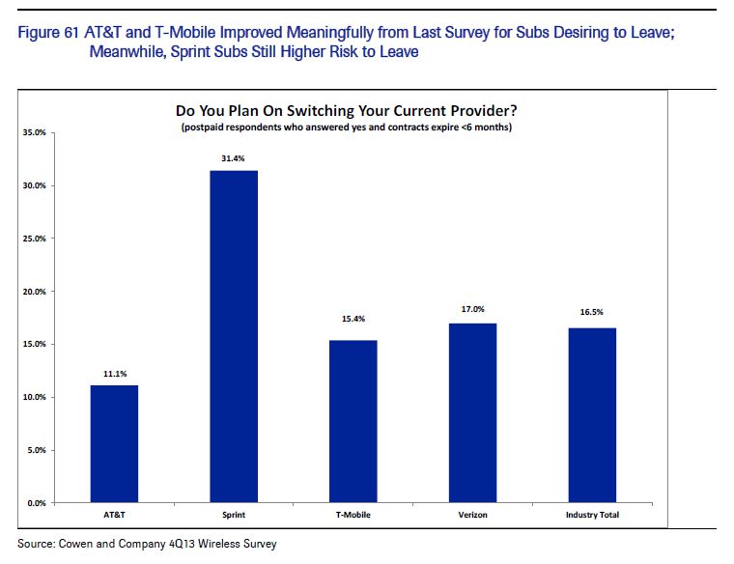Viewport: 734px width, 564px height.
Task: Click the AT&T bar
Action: click(x=115, y=444)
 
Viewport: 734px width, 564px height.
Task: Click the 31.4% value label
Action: click(x=235, y=156)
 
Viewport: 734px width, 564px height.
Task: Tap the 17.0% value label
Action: click(x=473, y=310)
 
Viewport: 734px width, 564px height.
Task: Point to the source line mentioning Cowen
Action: click(x=147, y=545)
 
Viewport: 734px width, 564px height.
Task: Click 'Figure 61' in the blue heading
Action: click(x=46, y=35)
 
